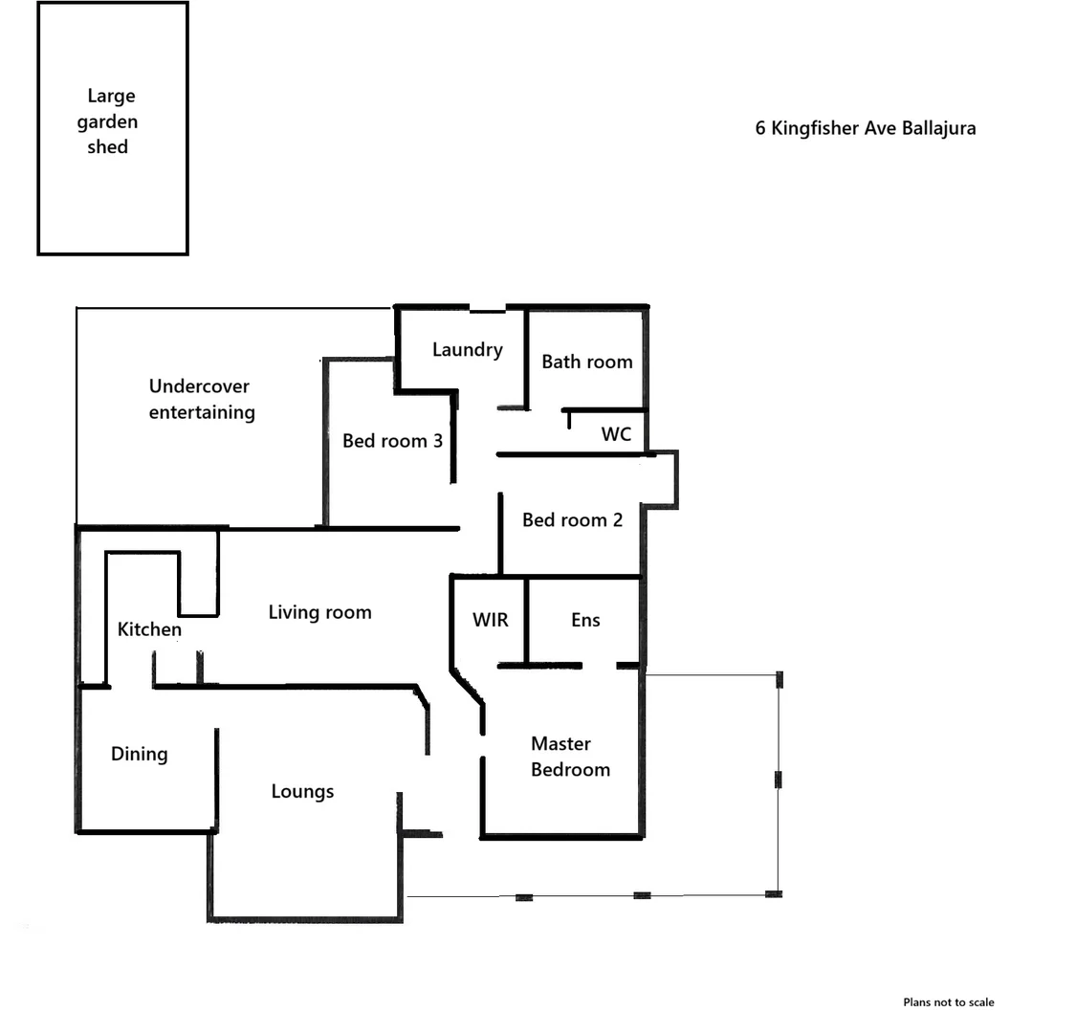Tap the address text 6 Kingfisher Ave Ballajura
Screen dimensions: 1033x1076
tap(866, 128)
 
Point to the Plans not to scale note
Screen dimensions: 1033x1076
tap(948, 1002)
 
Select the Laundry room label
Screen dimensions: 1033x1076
tap(467, 350)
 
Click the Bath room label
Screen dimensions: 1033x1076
tap(586, 362)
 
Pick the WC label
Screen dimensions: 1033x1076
tap(616, 434)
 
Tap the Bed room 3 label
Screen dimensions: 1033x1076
tap(392, 441)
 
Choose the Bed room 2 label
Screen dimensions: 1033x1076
tap(572, 520)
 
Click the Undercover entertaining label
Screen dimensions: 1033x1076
tap(201, 400)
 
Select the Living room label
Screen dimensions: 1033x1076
tap(319, 612)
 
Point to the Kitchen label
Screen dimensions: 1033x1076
tap(149, 629)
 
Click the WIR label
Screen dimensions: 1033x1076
tap(491, 620)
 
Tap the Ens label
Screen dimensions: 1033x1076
tap(585, 620)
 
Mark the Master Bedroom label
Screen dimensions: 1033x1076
tap(569, 757)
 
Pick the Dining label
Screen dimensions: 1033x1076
tap(140, 754)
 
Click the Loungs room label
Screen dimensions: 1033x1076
tap(302, 791)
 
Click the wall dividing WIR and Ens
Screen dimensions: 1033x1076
tap(525, 622)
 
